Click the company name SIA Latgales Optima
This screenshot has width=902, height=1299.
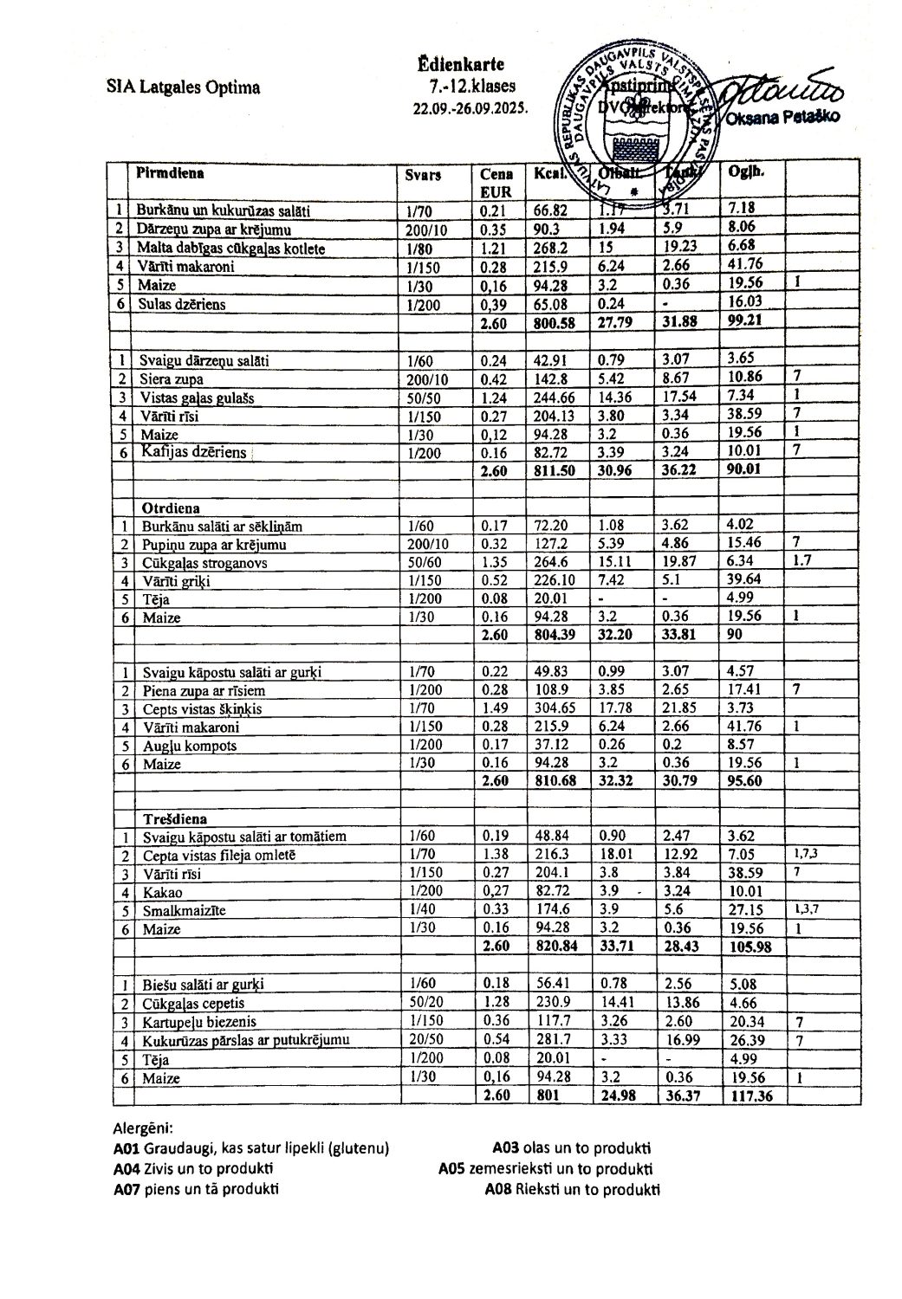[x=183, y=87]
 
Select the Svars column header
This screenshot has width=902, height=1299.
[x=423, y=174]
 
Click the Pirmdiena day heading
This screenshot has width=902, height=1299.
[x=169, y=171]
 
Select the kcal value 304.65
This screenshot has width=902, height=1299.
[x=555, y=708]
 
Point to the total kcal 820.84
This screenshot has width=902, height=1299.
[x=556, y=947]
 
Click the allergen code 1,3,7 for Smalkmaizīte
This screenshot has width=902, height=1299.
[x=807, y=910]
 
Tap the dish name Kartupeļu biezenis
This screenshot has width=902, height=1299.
[x=197, y=1022]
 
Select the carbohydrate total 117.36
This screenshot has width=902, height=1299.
[x=750, y=1095]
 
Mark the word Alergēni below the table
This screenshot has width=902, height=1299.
[x=144, y=1128]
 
